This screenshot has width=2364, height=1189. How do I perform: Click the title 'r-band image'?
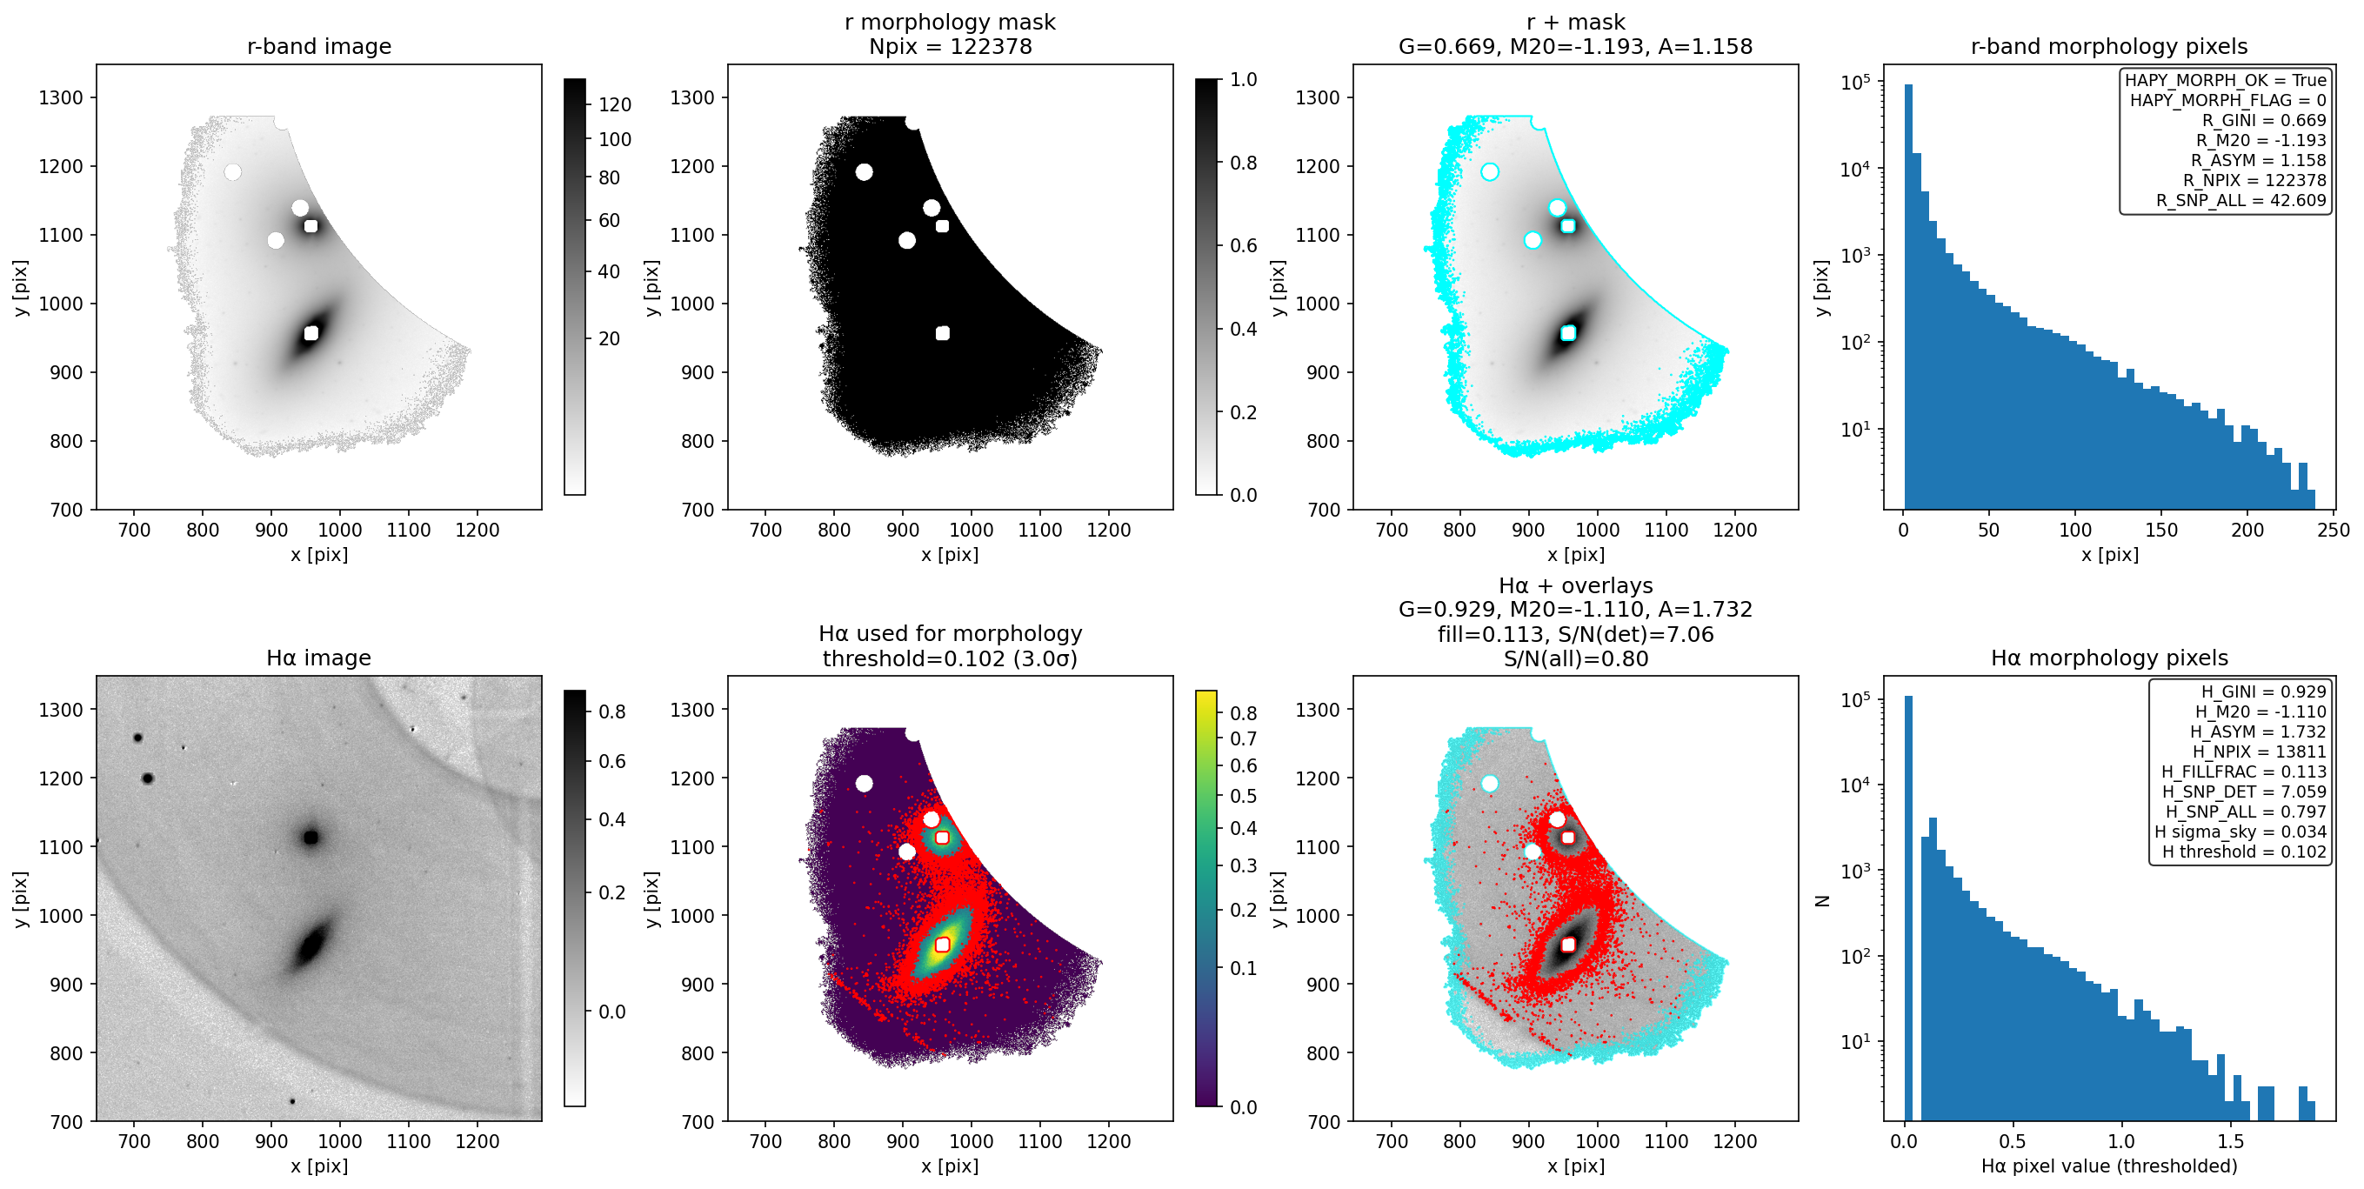pyautogui.click(x=318, y=46)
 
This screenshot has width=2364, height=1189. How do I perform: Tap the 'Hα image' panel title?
pyautogui.click(x=318, y=658)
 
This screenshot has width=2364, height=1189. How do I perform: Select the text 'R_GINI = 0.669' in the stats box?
pyautogui.click(x=2264, y=120)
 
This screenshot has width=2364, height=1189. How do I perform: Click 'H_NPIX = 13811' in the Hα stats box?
pyautogui.click(x=2260, y=751)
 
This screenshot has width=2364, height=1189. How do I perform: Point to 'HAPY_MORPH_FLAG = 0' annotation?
pyautogui.click(x=2228, y=100)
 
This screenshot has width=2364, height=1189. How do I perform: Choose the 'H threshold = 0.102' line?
pyautogui.click(x=2244, y=852)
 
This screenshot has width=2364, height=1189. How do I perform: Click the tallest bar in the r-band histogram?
pyautogui.click(x=1909, y=297)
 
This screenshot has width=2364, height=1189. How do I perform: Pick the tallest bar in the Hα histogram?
pyautogui.click(x=1909, y=908)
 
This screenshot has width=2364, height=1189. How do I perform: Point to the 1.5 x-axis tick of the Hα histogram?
pyautogui.click(x=2230, y=1141)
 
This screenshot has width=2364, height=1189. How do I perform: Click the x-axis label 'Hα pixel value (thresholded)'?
pyautogui.click(x=2109, y=1166)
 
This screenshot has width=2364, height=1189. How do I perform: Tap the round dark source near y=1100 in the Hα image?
pyautogui.click(x=311, y=837)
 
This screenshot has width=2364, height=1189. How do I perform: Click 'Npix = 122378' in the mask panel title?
pyautogui.click(x=950, y=46)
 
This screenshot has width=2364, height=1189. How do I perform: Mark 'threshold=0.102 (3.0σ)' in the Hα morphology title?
pyautogui.click(x=950, y=658)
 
